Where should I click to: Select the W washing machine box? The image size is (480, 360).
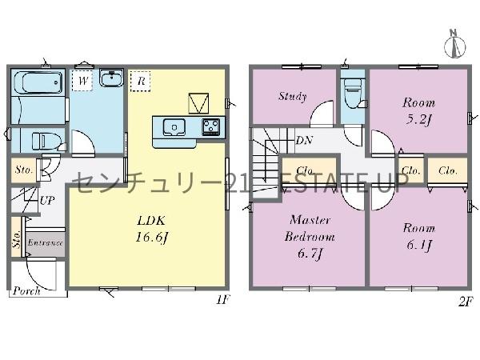coord(83,80)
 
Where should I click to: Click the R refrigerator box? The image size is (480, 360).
coord(140,80)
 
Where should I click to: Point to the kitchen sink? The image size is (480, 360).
coord(174,126)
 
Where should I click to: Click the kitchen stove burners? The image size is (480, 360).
coord(211,126)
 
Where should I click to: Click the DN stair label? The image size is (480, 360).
coord(304,141)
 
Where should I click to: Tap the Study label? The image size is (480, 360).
coord(292,97)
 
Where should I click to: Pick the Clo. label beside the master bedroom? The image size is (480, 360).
coord(304,170)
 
